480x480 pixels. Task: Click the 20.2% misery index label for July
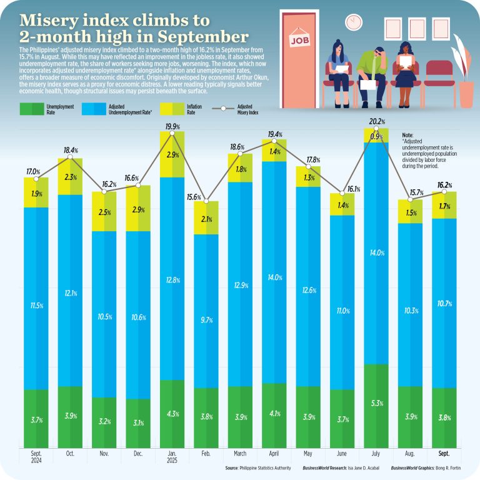point(376,121)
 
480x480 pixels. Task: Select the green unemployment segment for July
point(376,406)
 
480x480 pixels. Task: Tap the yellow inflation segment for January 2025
point(172,154)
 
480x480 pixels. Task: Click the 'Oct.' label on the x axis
point(69,454)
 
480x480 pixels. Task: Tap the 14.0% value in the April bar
point(274,277)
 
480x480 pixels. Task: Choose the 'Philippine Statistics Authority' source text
point(269,467)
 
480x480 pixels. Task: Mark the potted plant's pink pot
point(466,94)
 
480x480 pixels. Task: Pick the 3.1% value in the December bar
point(137,422)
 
